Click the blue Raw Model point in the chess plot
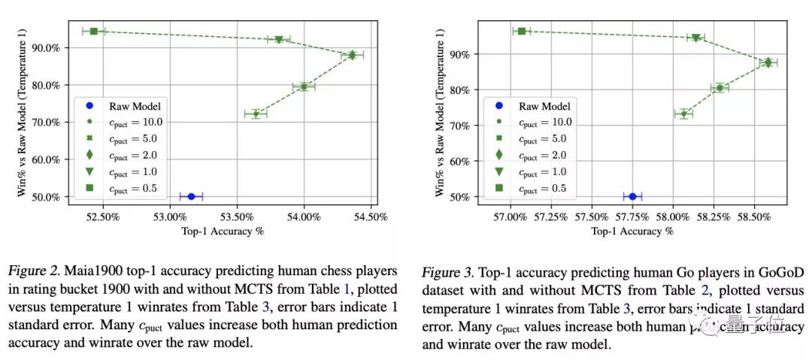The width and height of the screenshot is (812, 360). pos(191,196)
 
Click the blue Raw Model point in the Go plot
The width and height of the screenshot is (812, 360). pos(632,196)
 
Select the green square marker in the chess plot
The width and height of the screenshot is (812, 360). pos(94,31)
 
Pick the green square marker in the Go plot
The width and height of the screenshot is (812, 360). pos(521,31)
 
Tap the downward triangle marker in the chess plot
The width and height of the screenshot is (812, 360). pos(278,40)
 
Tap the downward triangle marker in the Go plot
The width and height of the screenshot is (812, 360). pos(695,38)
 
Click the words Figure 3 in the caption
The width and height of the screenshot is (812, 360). pos(447,271)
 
